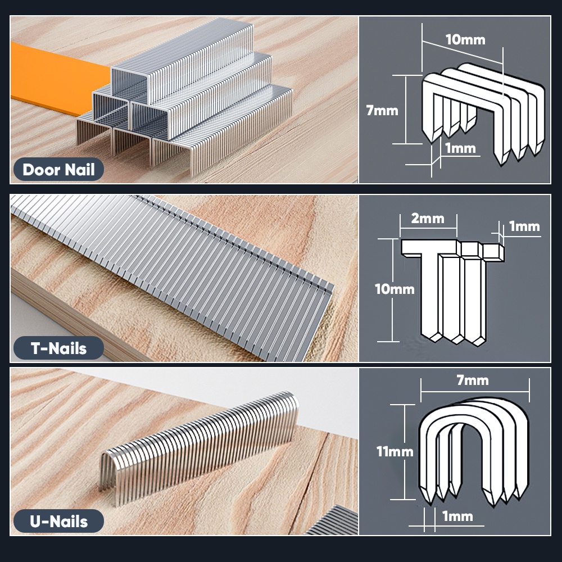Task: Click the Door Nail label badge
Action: pos(58,169)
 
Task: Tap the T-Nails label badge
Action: pos(58,348)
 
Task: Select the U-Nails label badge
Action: pos(58,521)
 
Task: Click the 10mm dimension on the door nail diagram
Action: pos(465,40)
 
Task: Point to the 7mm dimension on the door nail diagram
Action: pos(382,110)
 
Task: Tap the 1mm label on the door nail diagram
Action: pos(460,148)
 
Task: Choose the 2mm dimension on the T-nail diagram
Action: pos(428,218)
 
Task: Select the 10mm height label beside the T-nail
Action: pos(395,289)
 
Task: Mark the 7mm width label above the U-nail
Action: pos(473,380)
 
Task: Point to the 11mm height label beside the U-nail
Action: pos(395,451)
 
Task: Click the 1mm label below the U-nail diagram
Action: pos(457,516)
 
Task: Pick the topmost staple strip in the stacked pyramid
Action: pos(185,62)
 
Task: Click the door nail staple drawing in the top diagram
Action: pos(483,112)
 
